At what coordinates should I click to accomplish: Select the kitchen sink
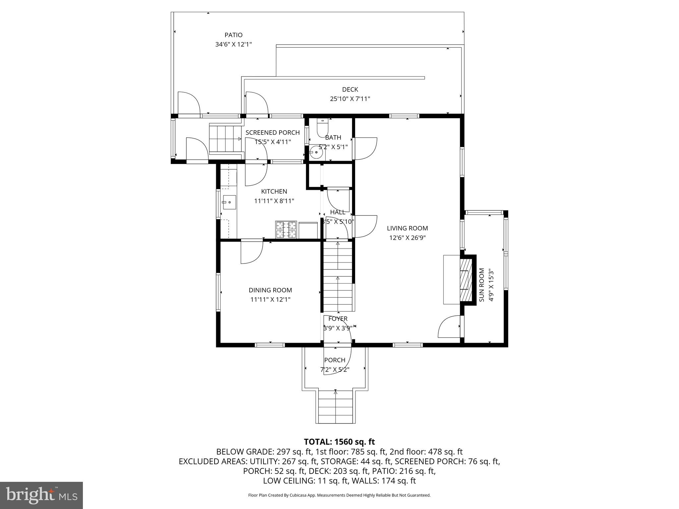(x=229, y=202)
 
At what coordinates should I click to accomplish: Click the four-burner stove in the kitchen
(x=286, y=230)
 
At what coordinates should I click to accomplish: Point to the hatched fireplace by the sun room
(x=465, y=279)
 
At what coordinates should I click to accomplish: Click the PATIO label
(x=233, y=35)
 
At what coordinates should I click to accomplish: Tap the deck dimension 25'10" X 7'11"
(x=350, y=99)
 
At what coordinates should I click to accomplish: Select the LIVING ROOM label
(x=407, y=228)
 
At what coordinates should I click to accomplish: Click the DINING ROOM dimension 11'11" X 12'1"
(x=270, y=300)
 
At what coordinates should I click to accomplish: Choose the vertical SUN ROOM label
(x=482, y=285)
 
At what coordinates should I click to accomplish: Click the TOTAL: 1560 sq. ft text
(x=339, y=442)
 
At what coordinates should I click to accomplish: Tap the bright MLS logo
(x=41, y=495)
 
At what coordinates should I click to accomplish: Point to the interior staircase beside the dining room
(x=338, y=276)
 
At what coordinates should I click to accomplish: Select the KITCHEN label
(x=274, y=191)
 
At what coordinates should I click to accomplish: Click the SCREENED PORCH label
(x=273, y=133)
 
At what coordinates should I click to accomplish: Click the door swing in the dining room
(x=251, y=252)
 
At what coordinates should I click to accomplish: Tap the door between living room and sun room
(x=450, y=327)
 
